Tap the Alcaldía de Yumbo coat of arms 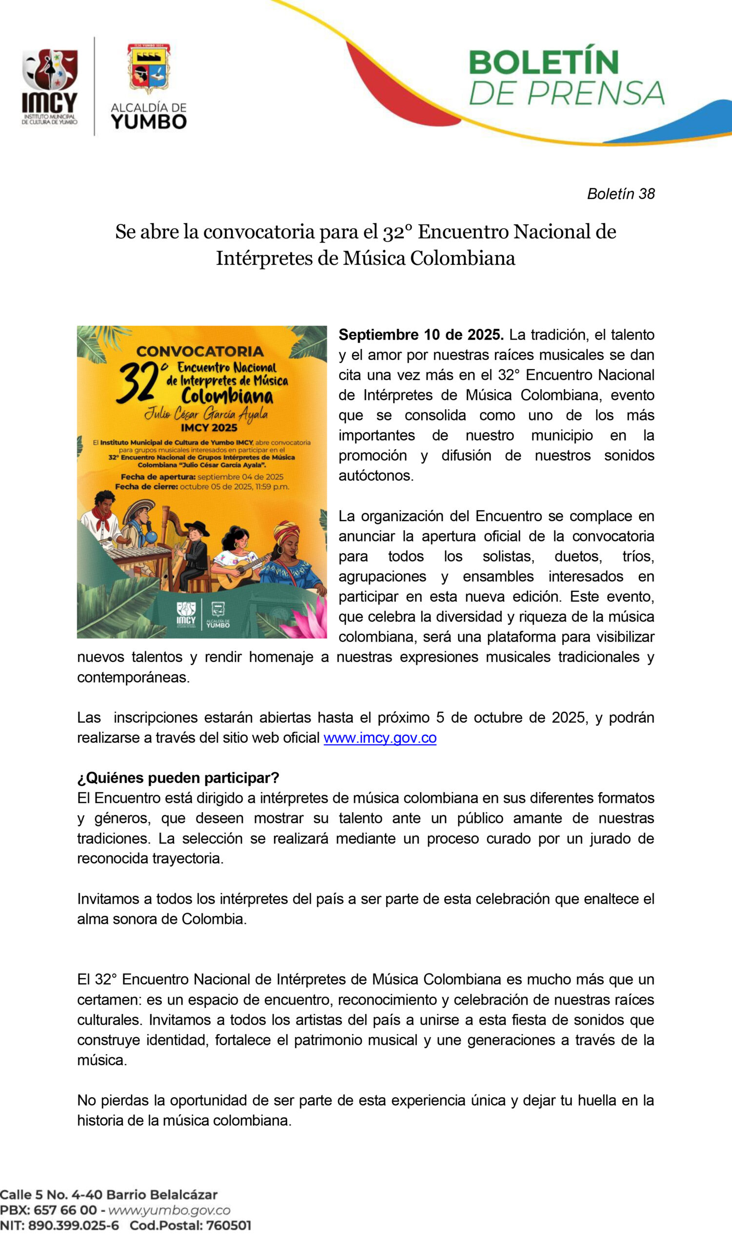click(x=149, y=69)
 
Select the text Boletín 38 click(x=620, y=194)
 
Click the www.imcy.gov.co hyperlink click(x=380, y=738)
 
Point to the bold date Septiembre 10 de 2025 click(x=421, y=335)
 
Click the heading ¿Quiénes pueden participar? click(x=178, y=778)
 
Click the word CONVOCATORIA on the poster click(x=200, y=351)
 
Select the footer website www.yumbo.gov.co click(x=169, y=1210)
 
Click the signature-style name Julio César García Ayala click(x=206, y=413)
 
